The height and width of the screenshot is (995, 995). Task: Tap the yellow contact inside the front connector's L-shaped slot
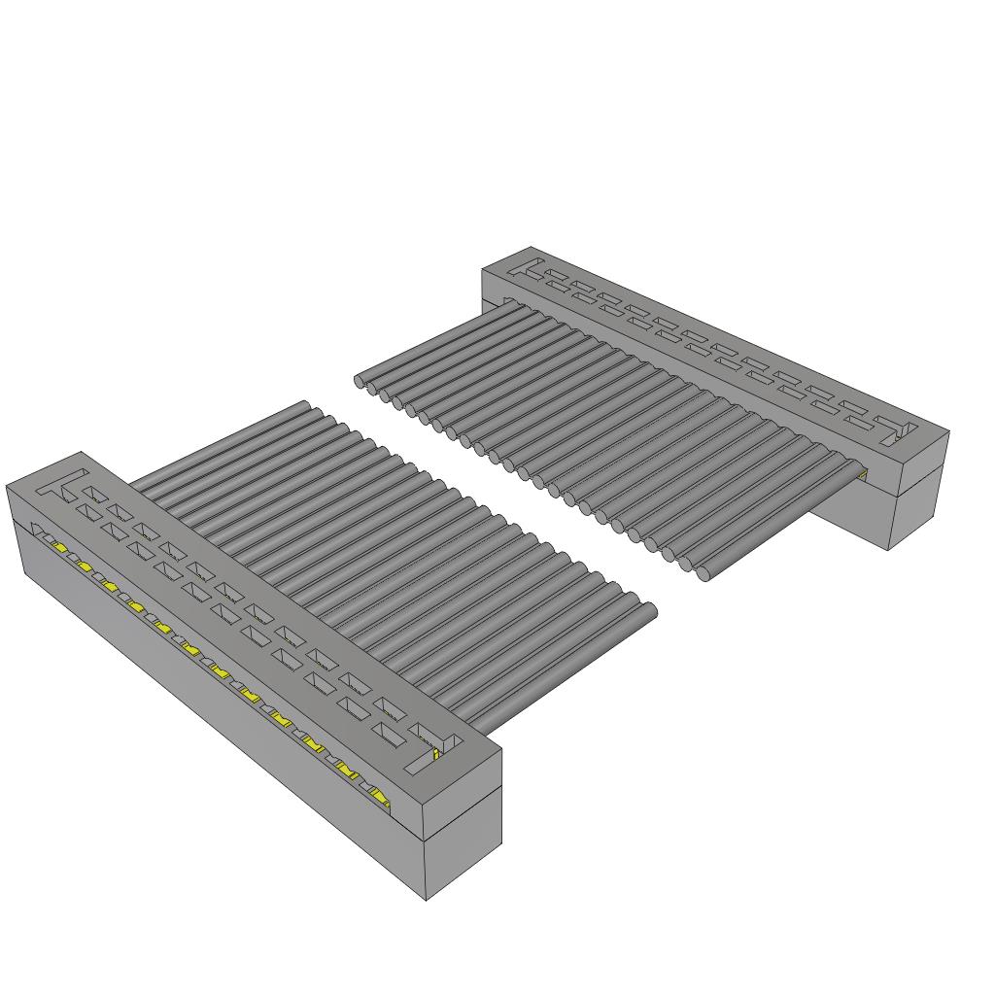click(437, 753)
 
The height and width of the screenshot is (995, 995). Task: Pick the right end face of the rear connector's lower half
click(919, 511)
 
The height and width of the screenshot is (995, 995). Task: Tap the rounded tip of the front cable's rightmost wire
click(649, 610)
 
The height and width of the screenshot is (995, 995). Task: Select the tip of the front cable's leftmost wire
click(304, 405)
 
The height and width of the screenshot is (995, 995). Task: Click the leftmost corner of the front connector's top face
click(7, 484)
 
